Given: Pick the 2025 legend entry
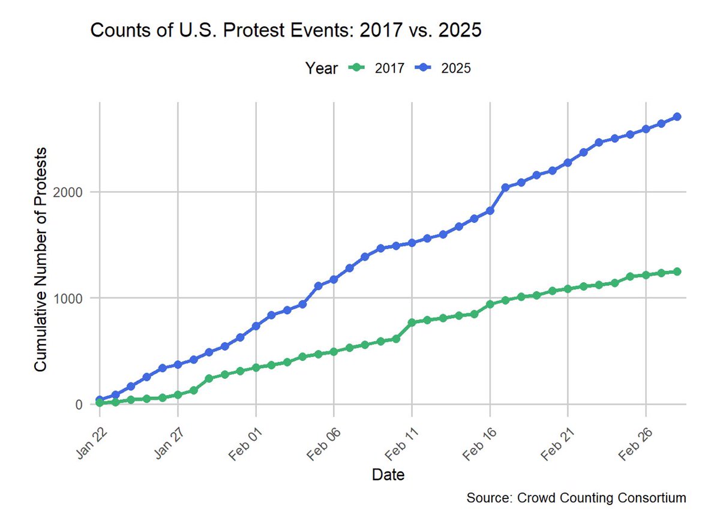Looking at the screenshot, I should click(443, 68).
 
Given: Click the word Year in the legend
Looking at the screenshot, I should click(321, 68).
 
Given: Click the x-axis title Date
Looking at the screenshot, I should click(388, 476).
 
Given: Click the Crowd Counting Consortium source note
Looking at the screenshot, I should click(575, 498).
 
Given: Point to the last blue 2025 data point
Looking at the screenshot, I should click(676, 116).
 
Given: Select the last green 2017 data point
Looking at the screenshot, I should click(676, 271).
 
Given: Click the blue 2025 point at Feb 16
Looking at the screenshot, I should click(490, 211).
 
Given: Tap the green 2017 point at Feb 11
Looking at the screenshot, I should click(412, 322).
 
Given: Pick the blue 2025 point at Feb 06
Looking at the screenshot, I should click(334, 279).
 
